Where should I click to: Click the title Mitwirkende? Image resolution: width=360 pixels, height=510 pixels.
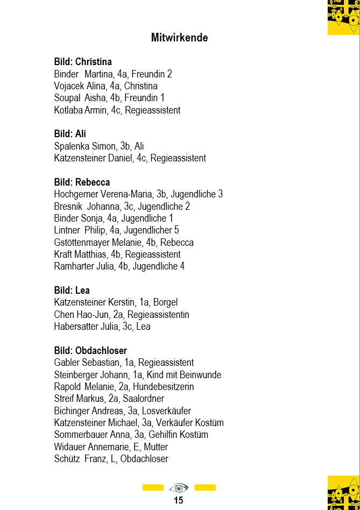[x=179, y=38]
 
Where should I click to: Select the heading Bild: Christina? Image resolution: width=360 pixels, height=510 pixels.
[x=83, y=62]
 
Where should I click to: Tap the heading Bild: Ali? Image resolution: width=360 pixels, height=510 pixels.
[x=70, y=134]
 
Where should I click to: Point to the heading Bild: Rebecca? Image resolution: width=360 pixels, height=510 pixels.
[x=82, y=182]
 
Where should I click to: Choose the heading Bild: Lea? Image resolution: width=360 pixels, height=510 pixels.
[x=72, y=291]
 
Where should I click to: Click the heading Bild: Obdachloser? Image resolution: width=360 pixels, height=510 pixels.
[x=90, y=351]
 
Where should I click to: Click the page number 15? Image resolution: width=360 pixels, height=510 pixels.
[x=179, y=500]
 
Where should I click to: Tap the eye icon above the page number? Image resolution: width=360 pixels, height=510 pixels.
[x=179, y=488]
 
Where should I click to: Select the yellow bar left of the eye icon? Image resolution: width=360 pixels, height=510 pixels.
[x=153, y=488]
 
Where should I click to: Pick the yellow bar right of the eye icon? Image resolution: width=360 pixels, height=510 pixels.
[x=205, y=488]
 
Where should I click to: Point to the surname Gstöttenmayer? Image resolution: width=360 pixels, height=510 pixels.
[x=82, y=243]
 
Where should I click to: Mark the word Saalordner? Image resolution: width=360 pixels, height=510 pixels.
[x=143, y=399]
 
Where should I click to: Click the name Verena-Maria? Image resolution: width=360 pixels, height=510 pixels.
[x=127, y=194]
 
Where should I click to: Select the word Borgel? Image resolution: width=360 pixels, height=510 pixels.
[x=165, y=302]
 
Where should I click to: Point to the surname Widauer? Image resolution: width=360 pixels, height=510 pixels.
[x=69, y=447]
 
